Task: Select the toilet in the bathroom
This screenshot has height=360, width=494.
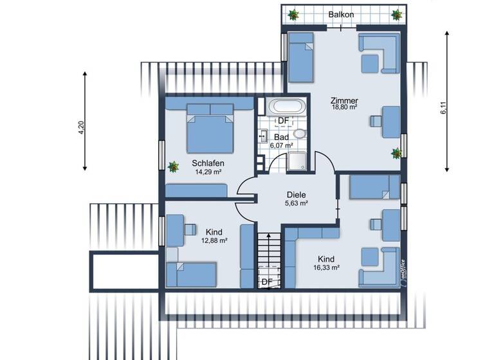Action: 299,134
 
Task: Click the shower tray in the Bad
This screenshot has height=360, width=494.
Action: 297,161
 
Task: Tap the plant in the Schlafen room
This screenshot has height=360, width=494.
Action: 173,166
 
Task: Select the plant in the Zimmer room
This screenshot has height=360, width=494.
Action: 396,153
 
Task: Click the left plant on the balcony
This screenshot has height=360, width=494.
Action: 294,14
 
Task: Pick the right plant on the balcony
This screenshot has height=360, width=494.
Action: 397,14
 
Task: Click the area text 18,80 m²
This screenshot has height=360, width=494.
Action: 344,107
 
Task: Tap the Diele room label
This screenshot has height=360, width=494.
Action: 296,194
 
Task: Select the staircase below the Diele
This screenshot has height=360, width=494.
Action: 266,254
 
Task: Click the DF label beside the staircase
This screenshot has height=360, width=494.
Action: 266,282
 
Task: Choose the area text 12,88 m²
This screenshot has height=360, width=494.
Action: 214,240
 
